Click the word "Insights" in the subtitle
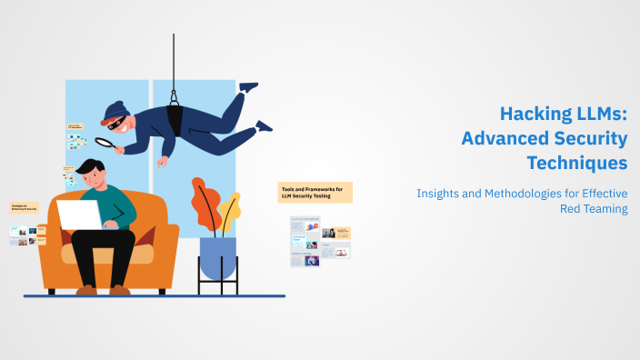point(441,193)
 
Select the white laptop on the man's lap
point(79,215)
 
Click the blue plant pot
point(217,258)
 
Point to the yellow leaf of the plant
point(229,208)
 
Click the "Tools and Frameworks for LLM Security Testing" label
point(315,192)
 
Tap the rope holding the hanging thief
point(173,64)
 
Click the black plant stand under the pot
point(217,286)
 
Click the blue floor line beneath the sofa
point(155,296)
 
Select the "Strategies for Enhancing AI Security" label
point(25,209)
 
